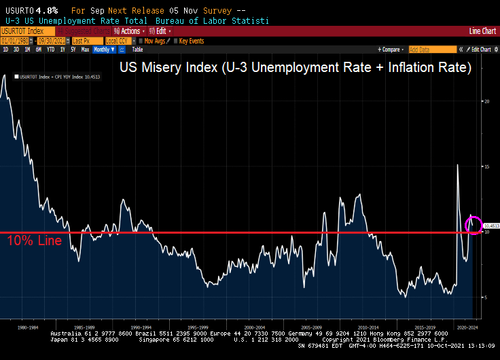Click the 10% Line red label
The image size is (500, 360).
point(35,241)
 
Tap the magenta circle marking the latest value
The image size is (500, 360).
point(474,225)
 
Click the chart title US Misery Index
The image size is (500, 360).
point(295,68)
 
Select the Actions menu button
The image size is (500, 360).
point(129,31)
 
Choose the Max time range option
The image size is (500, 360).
point(85,50)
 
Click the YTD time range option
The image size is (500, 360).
point(50,50)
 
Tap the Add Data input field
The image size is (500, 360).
point(432,50)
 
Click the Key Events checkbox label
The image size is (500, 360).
point(191,41)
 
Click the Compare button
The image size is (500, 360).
point(390,50)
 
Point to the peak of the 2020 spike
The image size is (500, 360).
point(457,164)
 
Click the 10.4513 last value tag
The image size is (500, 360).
point(490,225)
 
